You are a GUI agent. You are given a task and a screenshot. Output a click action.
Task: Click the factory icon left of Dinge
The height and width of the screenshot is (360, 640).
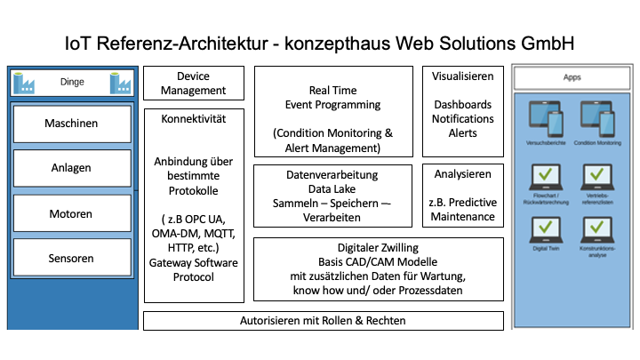[24, 84]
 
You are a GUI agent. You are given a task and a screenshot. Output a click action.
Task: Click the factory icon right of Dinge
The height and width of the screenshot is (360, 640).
[121, 84]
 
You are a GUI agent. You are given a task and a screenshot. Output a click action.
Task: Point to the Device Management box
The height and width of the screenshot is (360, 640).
[193, 84]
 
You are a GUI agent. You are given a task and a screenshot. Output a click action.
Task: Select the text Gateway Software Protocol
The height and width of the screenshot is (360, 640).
[193, 269]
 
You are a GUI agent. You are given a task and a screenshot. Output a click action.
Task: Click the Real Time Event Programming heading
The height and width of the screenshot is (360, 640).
[332, 97]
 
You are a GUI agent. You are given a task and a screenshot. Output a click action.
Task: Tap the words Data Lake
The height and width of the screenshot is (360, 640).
[332, 189]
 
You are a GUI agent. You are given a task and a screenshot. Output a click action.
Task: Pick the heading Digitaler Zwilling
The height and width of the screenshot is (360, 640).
[380, 247]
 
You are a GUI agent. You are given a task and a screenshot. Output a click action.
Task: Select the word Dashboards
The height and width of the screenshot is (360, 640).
[463, 105]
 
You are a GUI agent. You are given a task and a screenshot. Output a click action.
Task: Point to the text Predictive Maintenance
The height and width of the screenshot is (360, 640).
[463, 210]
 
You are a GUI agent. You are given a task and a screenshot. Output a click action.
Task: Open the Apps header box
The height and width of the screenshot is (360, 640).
[572, 78]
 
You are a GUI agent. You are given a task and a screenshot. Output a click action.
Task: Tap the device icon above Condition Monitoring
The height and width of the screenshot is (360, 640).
[596, 117]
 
